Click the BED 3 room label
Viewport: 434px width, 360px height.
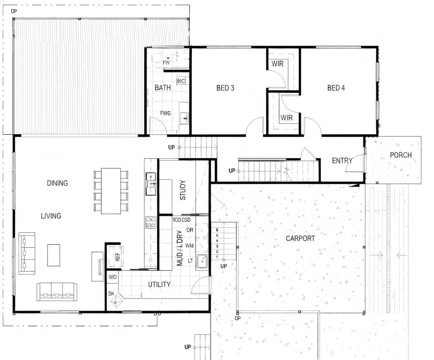coord(225,88)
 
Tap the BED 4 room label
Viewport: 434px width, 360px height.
coord(336,88)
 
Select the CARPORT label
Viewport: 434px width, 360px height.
coord(300,239)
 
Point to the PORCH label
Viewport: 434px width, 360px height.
coord(401,155)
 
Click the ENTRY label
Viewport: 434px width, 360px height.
coord(342,161)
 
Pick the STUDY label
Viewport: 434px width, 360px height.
coord(183,190)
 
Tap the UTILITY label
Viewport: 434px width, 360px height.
coord(159,285)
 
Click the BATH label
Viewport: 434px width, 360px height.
coord(163,88)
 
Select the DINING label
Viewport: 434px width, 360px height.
coord(57,183)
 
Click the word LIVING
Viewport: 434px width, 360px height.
coord(51,216)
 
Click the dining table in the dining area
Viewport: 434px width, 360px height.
coord(111,191)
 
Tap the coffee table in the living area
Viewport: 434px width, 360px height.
coord(54,255)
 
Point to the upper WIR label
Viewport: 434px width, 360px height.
coord(277,64)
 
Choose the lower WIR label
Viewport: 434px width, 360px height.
coord(286,118)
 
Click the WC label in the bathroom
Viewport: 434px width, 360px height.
coord(181,81)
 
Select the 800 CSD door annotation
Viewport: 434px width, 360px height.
coord(182,220)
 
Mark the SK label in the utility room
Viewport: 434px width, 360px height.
coord(111,294)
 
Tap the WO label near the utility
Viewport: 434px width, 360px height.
coord(113,277)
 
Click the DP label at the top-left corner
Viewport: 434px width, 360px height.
coord(14,11)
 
